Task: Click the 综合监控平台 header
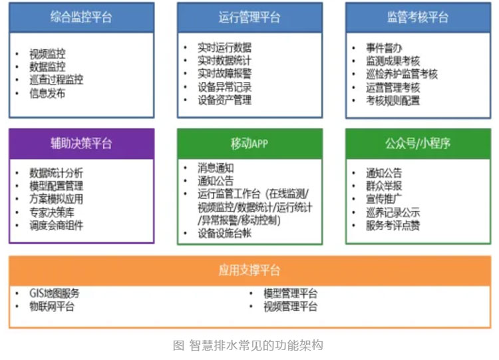pos(81,17)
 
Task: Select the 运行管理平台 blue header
pos(249,17)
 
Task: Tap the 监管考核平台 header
pos(418,17)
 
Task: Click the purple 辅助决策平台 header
pos(81,144)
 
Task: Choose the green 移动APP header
pos(249,144)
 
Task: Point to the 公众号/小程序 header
pos(418,144)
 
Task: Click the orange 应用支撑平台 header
pos(249,271)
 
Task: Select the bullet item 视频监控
pos(47,54)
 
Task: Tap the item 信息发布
pos(47,93)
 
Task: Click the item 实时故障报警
pos(224,73)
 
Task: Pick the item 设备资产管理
pos(224,100)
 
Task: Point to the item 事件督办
pos(384,48)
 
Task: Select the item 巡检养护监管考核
pos(402,74)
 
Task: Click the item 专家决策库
pos(52,212)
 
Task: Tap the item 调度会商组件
pos(57,226)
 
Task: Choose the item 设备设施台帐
pos(224,234)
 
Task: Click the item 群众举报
pos(384,186)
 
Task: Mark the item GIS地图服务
pos(55,293)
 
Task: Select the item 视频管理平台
pos(290,307)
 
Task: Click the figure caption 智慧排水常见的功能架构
pos(257,345)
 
